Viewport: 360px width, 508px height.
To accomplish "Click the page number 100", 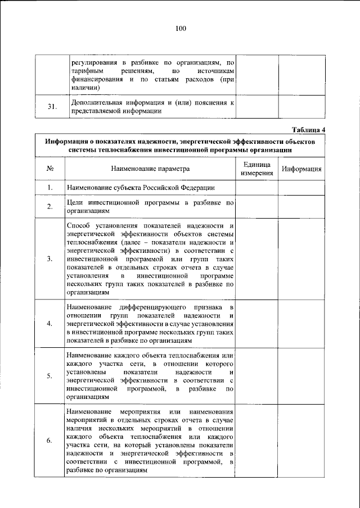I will [x=180, y=29].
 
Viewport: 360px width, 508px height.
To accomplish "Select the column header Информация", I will [x=301, y=169].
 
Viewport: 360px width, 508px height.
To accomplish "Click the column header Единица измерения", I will [x=257, y=169].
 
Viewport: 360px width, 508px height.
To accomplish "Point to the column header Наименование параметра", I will [x=150, y=169].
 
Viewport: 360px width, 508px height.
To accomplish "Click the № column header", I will [x=50, y=169].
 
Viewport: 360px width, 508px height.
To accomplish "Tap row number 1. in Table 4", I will [x=50, y=188].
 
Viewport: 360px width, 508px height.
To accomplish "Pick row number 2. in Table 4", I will [x=50, y=206].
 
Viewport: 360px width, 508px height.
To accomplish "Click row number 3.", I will [x=50, y=258].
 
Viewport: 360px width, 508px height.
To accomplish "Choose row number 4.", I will [x=50, y=324].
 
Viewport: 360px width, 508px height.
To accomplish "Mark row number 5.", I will [x=50, y=376].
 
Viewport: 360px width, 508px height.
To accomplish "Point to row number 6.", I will [x=50, y=441].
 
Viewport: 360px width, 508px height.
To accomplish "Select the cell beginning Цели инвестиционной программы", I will [x=150, y=206].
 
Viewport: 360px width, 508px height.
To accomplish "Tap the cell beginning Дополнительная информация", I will [x=150, y=107].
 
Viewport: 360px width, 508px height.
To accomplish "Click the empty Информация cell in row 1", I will [x=301, y=188].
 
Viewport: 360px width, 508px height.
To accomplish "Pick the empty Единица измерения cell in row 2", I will [x=257, y=206].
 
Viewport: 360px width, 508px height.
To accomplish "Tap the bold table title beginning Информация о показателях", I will [x=180, y=146].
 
